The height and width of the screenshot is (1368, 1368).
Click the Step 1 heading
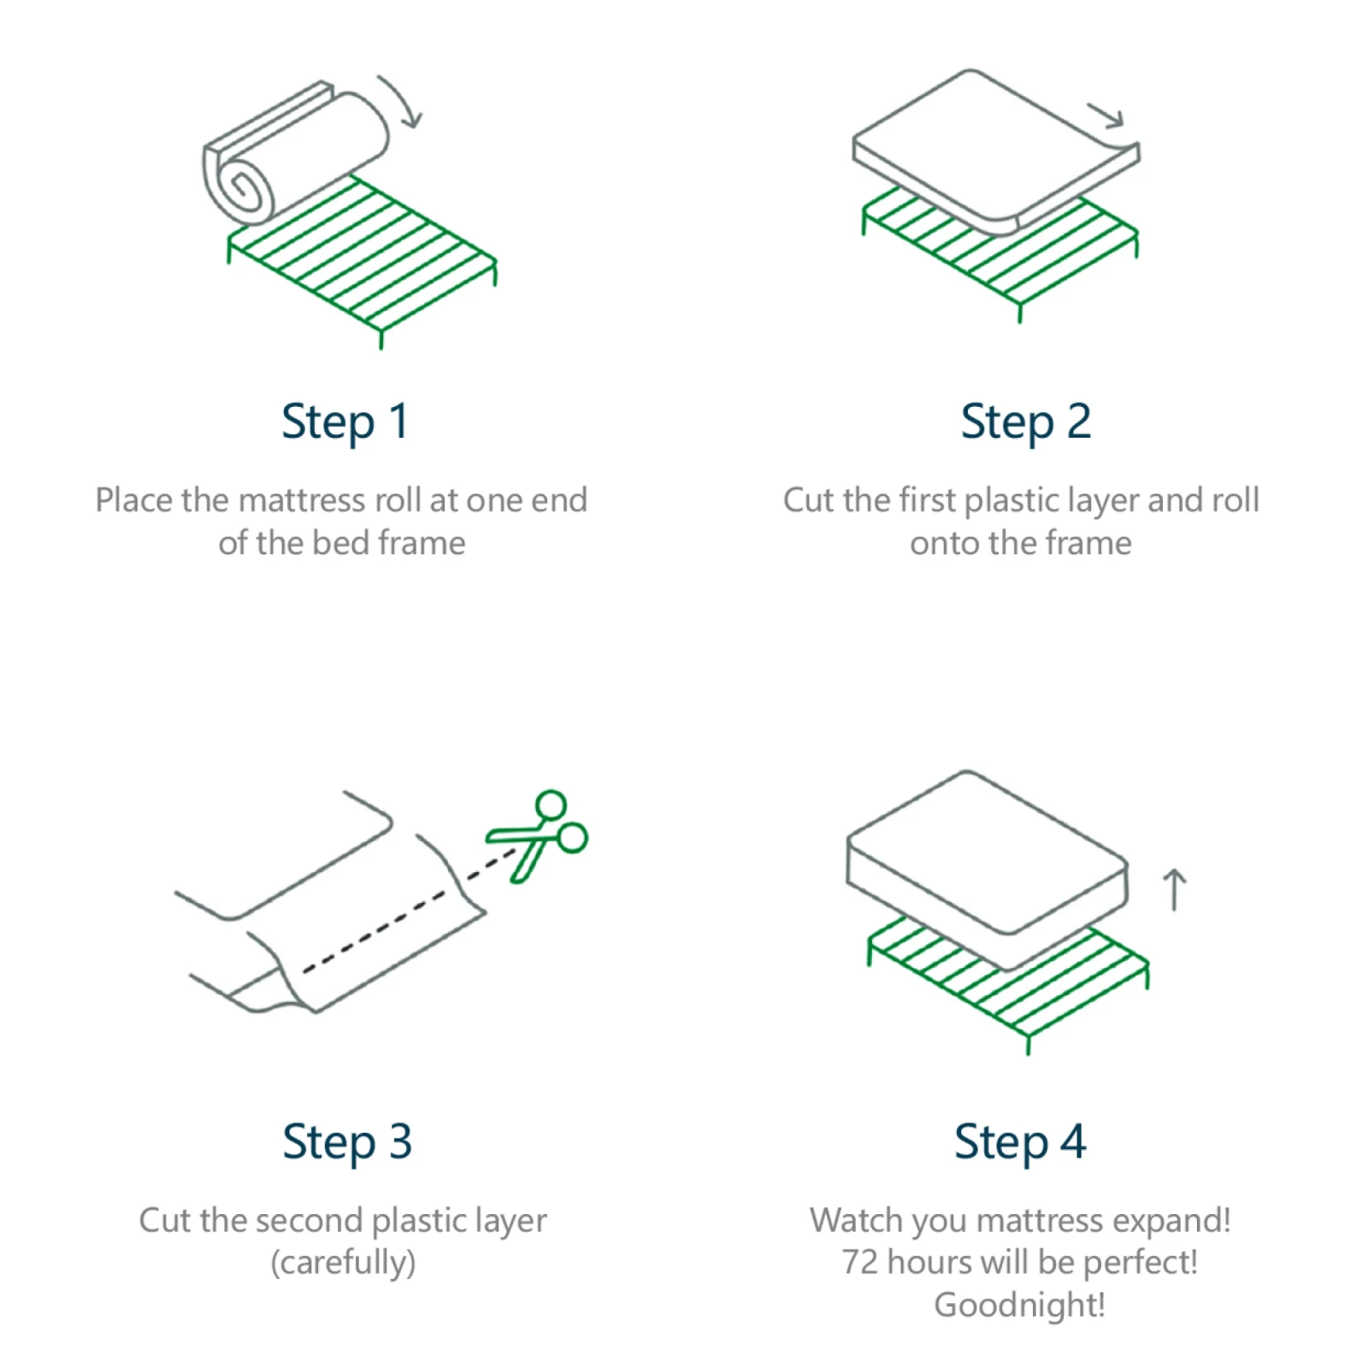[345, 422]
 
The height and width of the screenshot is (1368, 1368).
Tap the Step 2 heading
[1025, 422]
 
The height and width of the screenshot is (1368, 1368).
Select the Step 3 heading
[347, 1142]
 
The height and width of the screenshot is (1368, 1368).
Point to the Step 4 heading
[1020, 1142]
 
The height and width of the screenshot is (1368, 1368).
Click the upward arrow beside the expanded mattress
[1175, 889]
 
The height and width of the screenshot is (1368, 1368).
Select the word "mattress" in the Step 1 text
[302, 500]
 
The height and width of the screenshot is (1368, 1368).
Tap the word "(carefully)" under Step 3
[343, 1264]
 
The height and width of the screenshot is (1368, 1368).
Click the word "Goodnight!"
[1020, 1306]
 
